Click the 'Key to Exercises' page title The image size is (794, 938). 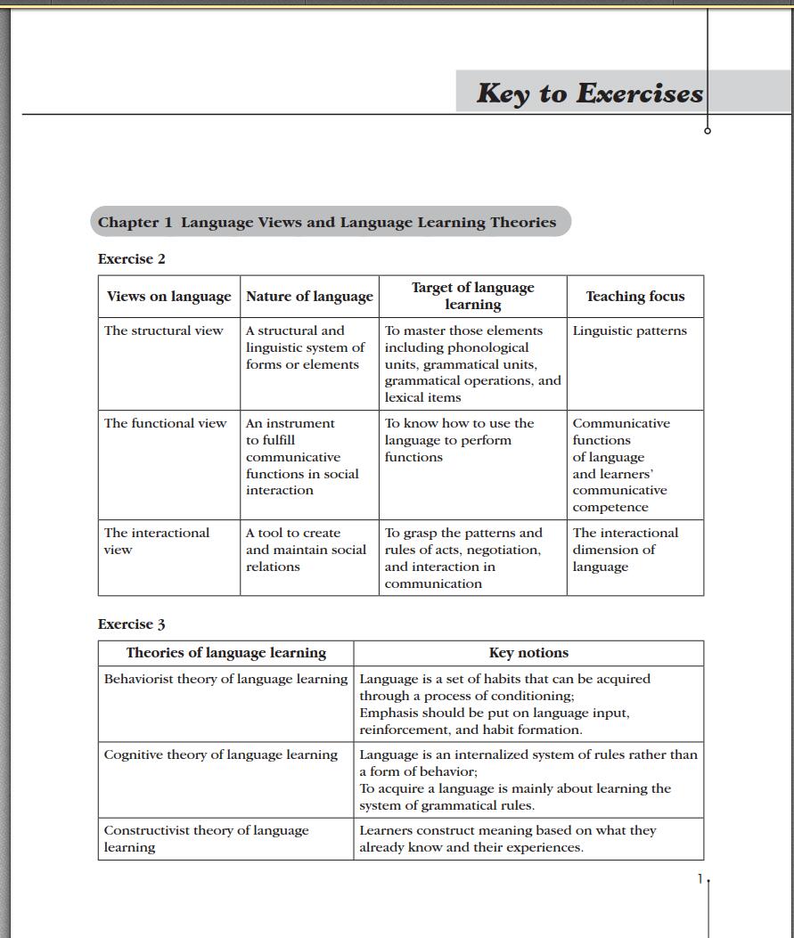(589, 93)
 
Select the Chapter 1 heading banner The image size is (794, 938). (327, 223)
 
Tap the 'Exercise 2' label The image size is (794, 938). (132, 259)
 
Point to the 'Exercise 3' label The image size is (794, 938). (132, 624)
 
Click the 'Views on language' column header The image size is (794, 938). (168, 297)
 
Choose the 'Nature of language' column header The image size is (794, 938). (309, 297)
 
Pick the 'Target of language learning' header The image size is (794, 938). (472, 296)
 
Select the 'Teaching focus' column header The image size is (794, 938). (634, 297)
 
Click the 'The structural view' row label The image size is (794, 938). (164, 330)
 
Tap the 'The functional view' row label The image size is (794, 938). (166, 423)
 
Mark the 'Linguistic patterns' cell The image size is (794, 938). (630, 330)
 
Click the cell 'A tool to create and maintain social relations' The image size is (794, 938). (306, 550)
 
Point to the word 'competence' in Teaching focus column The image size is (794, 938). (610, 507)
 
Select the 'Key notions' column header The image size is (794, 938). (528, 653)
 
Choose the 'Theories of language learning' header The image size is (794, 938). (226, 653)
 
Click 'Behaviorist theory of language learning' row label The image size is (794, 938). (225, 679)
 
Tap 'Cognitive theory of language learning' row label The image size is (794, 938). (221, 754)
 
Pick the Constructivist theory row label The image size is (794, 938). (206, 838)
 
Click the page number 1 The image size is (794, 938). (700, 879)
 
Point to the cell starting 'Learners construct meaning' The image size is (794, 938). (508, 838)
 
